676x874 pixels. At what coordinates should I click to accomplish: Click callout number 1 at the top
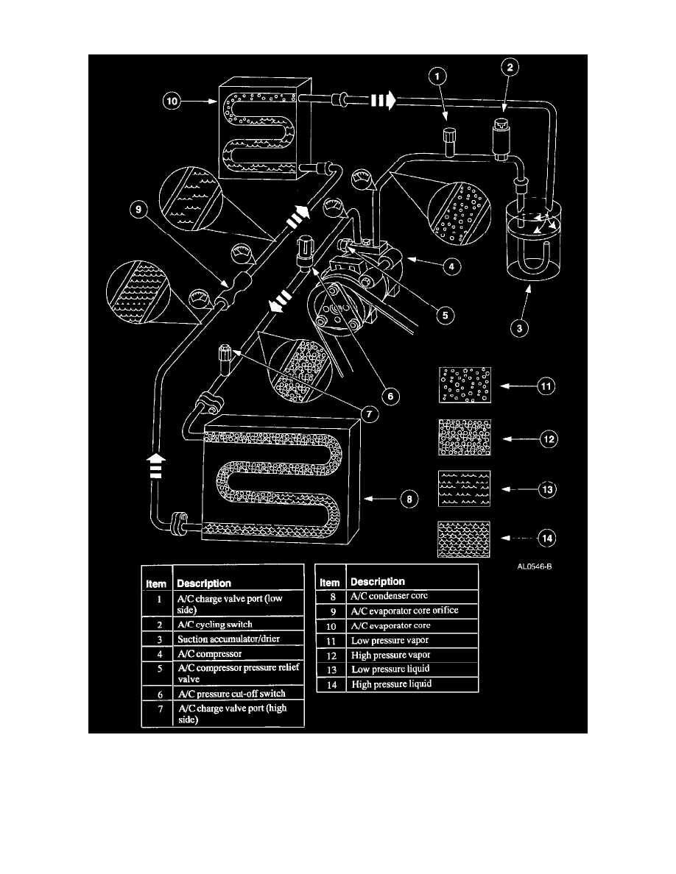coord(437,75)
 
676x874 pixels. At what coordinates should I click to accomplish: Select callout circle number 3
coord(520,328)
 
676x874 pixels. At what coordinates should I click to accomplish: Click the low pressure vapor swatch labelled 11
coord(464,384)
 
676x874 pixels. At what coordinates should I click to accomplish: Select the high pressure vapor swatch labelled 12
coord(464,438)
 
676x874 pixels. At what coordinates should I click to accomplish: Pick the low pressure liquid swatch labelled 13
coord(464,488)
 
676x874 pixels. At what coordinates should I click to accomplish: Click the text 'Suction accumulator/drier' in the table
coord(223,638)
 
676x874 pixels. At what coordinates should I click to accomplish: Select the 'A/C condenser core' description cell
coord(390,596)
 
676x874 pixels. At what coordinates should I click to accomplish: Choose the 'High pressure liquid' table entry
coord(392,684)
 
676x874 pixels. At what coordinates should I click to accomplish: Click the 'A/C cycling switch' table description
coord(215,624)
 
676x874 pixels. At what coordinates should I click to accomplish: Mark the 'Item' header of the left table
coord(156,583)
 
